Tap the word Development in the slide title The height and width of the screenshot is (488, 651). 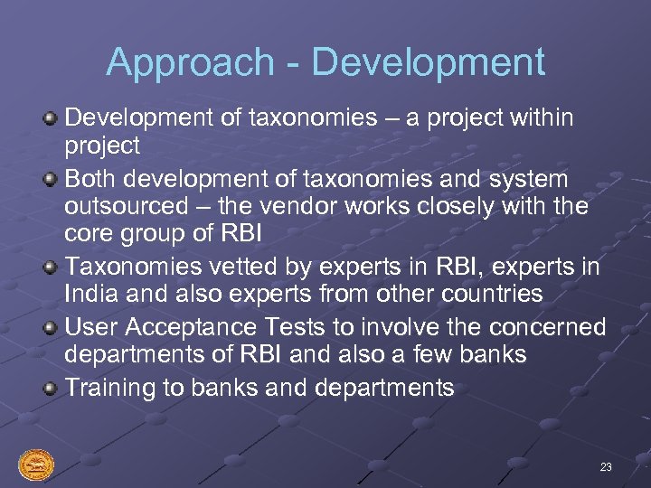(x=429, y=62)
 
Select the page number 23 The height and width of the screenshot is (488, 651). (x=606, y=467)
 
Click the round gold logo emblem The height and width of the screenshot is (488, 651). (x=36, y=465)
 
